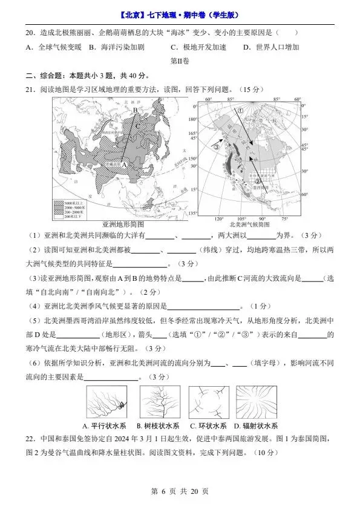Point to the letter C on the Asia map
[139, 125]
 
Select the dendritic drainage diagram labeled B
[160, 402]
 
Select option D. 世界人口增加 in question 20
[271, 47]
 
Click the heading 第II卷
[180, 61]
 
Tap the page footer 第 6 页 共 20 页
[180, 491]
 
